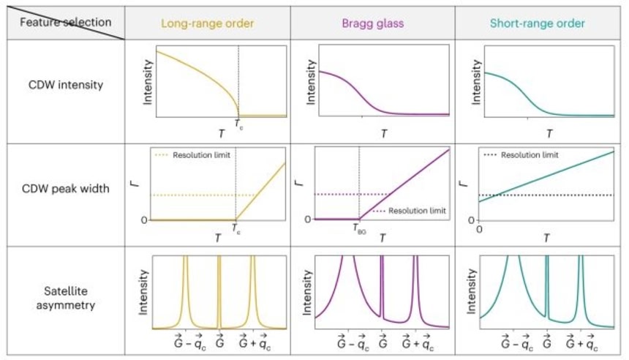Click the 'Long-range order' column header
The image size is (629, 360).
pos(208,23)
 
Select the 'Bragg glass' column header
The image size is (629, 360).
pos(372,23)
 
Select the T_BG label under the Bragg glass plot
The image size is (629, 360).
pos(359,229)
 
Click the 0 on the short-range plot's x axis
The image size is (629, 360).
pos(480,229)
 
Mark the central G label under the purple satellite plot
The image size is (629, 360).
pos(382,341)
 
